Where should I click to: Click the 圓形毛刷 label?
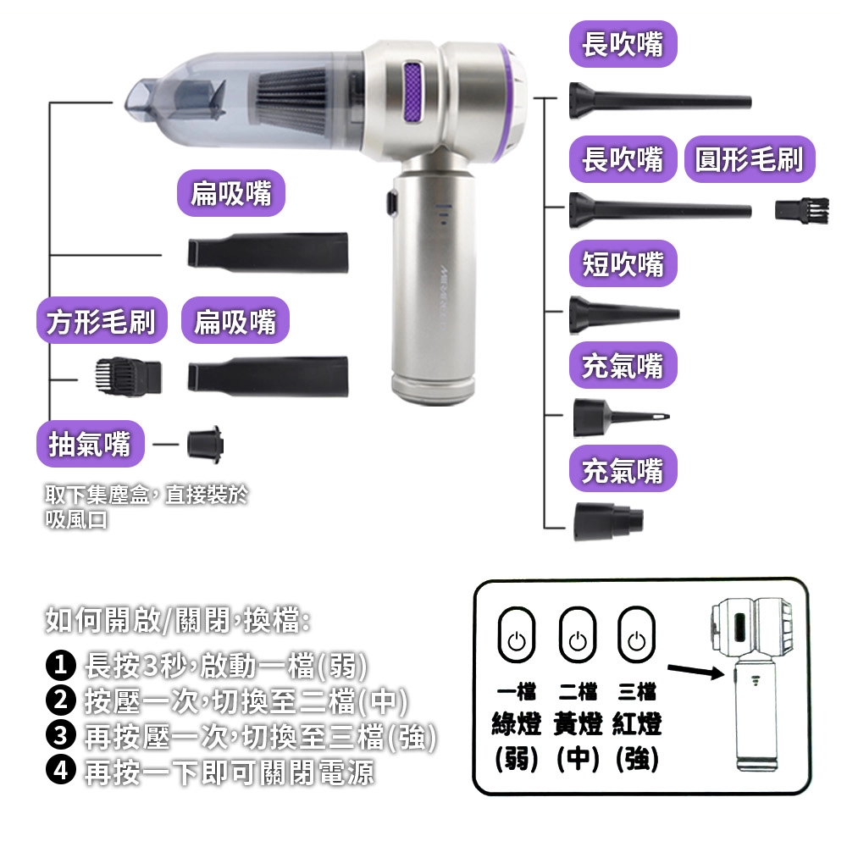point(750,159)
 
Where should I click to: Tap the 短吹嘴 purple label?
point(623,263)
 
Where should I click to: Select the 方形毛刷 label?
point(102,320)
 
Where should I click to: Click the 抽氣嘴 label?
point(91,444)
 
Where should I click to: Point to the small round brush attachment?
point(801,209)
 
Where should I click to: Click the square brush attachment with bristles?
point(128,377)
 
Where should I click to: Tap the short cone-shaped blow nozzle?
point(624,314)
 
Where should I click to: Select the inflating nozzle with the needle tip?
point(621,418)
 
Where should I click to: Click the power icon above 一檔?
point(517,634)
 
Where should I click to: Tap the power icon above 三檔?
point(636,634)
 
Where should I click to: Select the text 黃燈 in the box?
point(578,724)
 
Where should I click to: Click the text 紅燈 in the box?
point(637,724)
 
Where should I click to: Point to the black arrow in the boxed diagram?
point(695,672)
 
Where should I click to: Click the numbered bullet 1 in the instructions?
point(60,665)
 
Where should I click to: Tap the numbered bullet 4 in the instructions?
point(60,770)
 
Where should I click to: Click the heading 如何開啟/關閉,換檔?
point(178,620)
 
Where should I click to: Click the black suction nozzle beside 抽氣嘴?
point(205,445)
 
